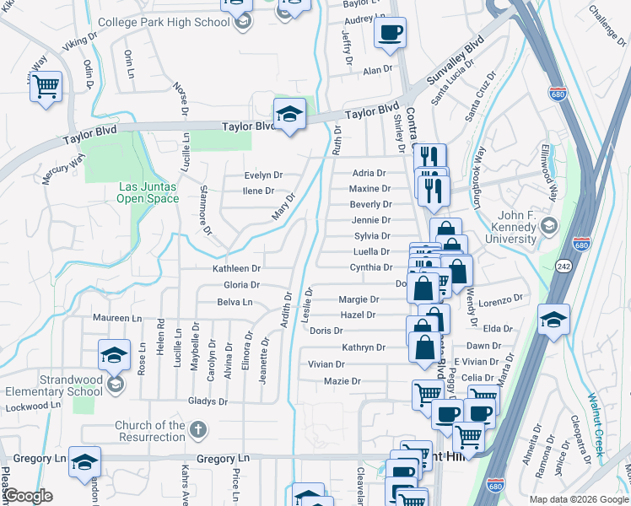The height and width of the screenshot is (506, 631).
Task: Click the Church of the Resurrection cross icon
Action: pyautogui.click(x=197, y=430)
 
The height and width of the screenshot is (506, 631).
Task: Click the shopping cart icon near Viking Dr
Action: pyautogui.click(x=46, y=85)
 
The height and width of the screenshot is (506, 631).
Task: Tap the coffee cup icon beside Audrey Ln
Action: pyautogui.click(x=390, y=33)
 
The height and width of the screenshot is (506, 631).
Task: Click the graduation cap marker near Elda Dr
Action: pyautogui.click(x=553, y=320)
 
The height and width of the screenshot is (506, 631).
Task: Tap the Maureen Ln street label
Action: pyautogui.click(x=119, y=319)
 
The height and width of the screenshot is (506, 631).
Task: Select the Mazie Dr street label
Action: pyautogui.click(x=342, y=381)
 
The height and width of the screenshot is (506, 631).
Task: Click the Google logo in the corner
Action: pyautogui.click(x=28, y=496)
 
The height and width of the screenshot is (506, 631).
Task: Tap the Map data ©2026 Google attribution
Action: pyautogui.click(x=578, y=499)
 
